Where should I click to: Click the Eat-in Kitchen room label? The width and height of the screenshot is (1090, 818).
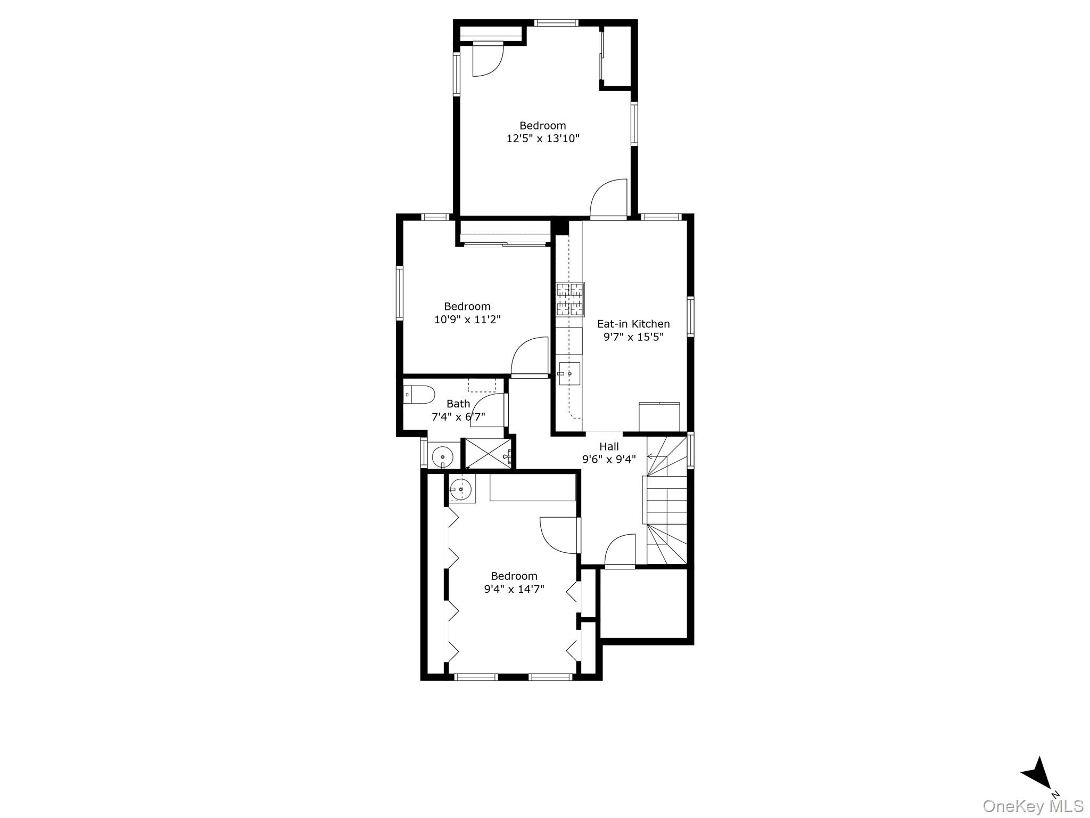pyautogui.click(x=633, y=324)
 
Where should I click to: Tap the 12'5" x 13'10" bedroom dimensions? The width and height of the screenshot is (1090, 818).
pyautogui.click(x=542, y=139)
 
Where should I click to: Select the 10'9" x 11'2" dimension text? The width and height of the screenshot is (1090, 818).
pyautogui.click(x=467, y=320)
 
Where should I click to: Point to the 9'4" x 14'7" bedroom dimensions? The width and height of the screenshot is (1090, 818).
pyautogui.click(x=514, y=589)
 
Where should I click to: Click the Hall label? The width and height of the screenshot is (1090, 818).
pyautogui.click(x=609, y=447)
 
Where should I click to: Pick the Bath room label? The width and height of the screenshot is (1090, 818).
pyautogui.click(x=458, y=404)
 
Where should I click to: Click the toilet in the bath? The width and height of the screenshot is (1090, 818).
pyautogui.click(x=418, y=395)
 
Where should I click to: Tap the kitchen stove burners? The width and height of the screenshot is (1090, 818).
pyautogui.click(x=570, y=299)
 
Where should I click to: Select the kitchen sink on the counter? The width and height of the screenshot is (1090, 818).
pyautogui.click(x=569, y=374)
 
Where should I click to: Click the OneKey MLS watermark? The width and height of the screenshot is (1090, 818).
pyautogui.click(x=1033, y=806)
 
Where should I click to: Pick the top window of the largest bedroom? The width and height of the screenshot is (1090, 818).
pyautogui.click(x=556, y=23)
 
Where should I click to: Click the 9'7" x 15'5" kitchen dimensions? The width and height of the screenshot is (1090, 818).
pyautogui.click(x=633, y=337)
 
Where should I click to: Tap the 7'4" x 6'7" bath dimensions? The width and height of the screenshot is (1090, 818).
pyautogui.click(x=458, y=417)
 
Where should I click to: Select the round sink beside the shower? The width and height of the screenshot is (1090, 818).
pyautogui.click(x=442, y=457)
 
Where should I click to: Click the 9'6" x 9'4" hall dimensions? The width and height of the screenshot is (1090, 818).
pyautogui.click(x=609, y=460)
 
